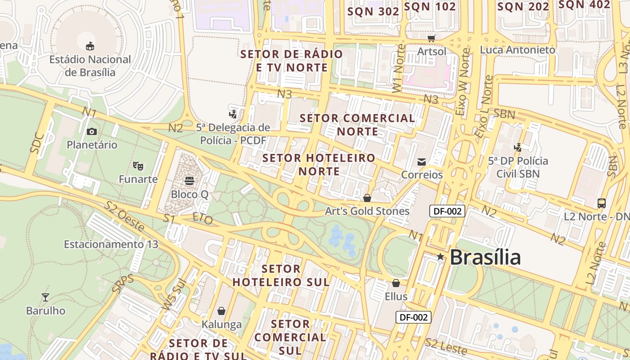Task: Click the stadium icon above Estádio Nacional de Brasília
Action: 90,45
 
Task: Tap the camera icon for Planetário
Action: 92,131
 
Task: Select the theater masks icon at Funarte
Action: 138,166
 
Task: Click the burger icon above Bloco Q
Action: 189,181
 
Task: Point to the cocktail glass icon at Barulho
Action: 45,297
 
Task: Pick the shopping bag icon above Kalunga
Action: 221,311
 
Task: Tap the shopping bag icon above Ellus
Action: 396,283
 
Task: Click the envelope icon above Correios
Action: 422,162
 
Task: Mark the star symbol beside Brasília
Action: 441,257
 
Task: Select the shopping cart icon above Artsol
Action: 432,38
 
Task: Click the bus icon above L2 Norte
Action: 602,203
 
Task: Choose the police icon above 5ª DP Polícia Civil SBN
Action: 518,147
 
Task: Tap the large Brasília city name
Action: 485,257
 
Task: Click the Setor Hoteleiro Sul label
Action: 281,275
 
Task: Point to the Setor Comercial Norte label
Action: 358,125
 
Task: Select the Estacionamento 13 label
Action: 111,244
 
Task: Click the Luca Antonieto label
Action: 517,50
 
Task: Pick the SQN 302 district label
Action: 373,12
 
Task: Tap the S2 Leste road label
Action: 446,346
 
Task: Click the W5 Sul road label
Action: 173,296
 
